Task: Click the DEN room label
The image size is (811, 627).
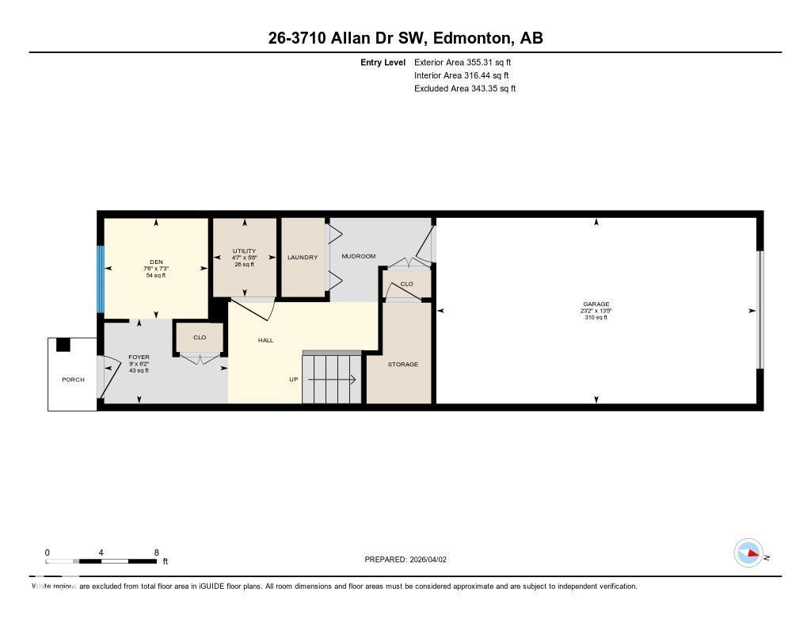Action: [156, 262]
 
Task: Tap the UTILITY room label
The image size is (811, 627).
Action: [244, 251]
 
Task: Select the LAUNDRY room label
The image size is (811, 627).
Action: [303, 258]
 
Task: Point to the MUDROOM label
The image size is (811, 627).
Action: [358, 257]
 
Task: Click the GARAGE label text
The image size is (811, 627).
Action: [596, 304]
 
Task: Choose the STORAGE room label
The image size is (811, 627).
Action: [402, 365]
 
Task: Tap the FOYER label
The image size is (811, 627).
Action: [139, 357]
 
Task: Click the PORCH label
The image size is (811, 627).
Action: [73, 380]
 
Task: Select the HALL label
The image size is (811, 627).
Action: [265, 340]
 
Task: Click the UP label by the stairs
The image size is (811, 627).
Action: [293, 380]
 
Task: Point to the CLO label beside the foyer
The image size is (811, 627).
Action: [200, 338]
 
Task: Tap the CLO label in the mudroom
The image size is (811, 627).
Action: [406, 284]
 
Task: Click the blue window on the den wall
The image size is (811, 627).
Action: [101, 279]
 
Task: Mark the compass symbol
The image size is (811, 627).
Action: [748, 552]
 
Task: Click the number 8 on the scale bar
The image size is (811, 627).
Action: [156, 552]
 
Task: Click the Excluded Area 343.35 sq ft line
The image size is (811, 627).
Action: [464, 89]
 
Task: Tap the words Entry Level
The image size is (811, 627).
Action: [383, 62]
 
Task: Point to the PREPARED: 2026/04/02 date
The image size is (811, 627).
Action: [405, 560]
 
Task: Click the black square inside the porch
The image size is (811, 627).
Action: [63, 345]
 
